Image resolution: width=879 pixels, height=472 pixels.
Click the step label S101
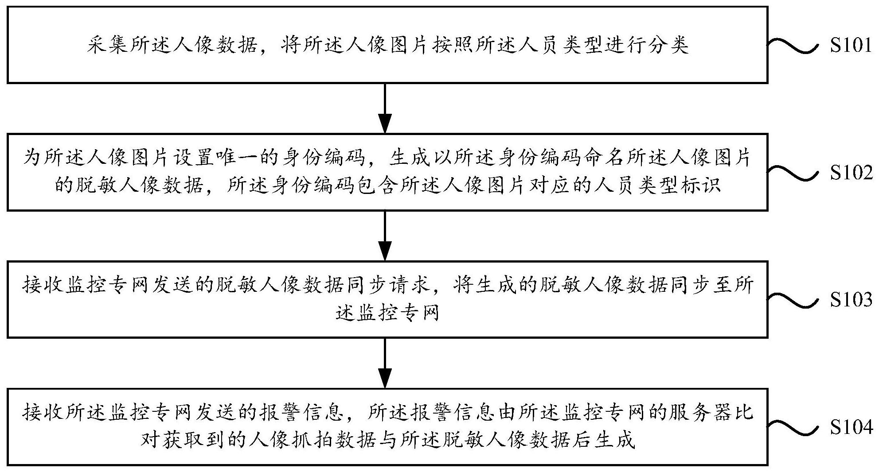click(851, 46)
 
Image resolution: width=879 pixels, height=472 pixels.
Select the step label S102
click(851, 173)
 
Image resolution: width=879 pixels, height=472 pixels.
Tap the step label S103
click(851, 300)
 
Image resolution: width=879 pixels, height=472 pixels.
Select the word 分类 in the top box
click(668, 46)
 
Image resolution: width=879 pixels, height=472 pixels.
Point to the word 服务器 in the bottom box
click(700, 414)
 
